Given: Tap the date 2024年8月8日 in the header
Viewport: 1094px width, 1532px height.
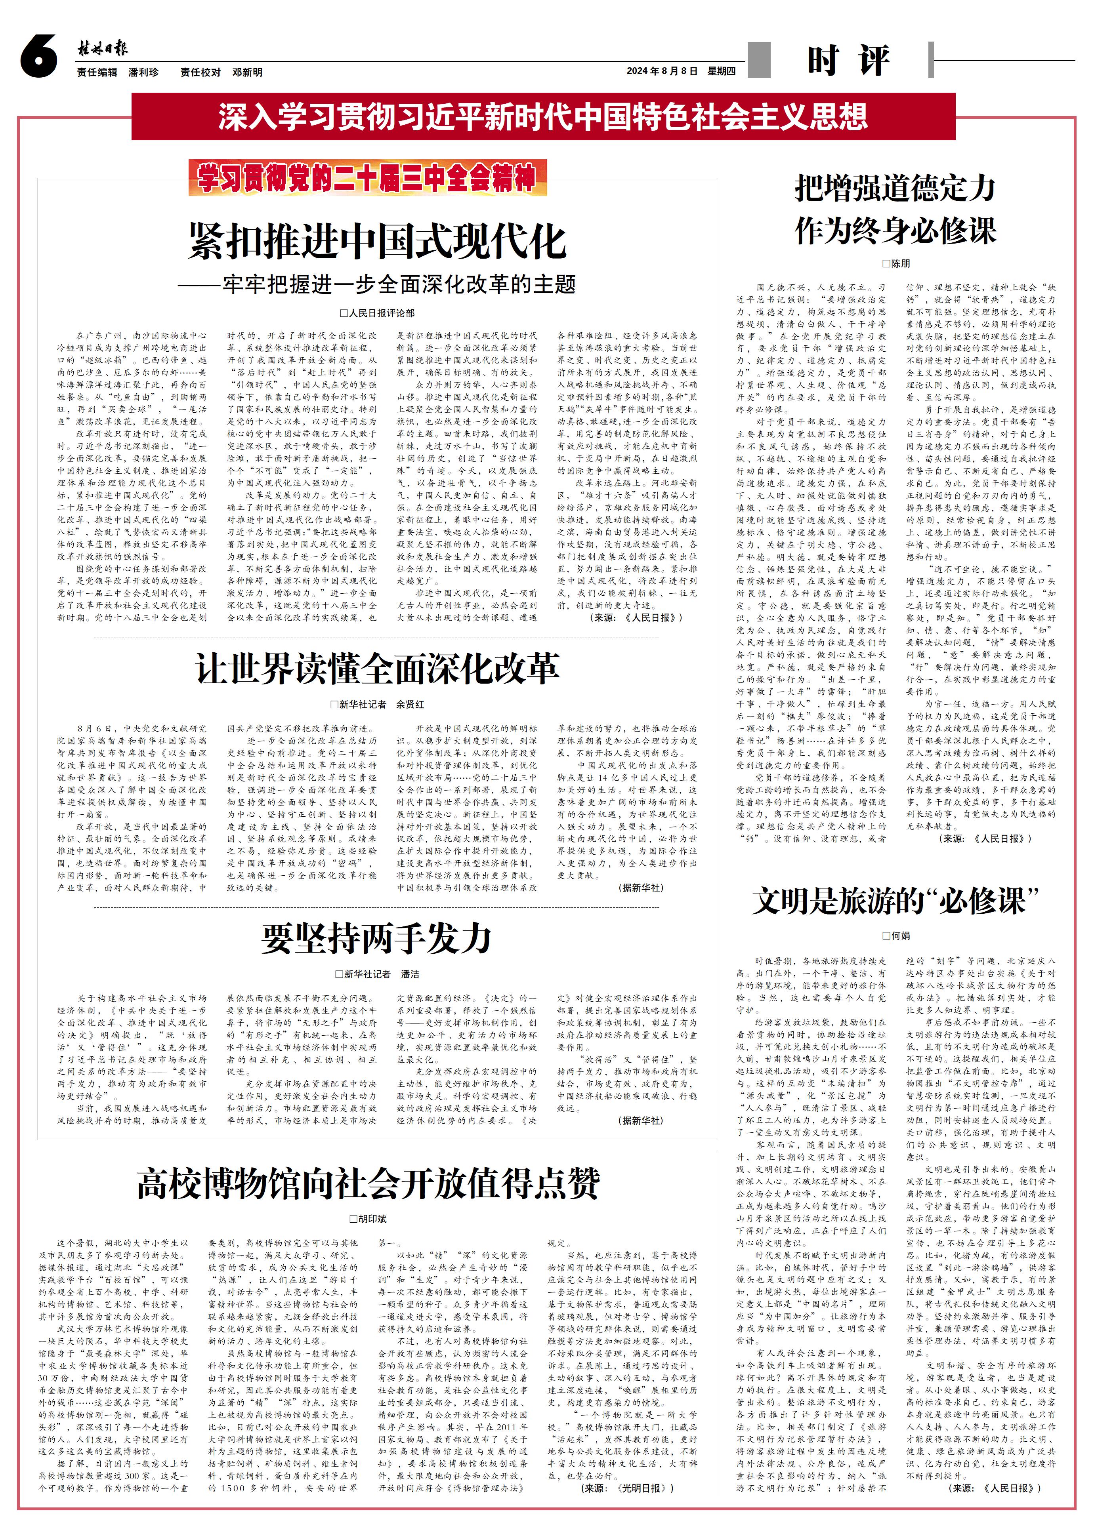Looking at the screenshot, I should [x=662, y=71].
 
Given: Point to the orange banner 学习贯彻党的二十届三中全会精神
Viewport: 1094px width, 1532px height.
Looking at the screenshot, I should [x=367, y=178].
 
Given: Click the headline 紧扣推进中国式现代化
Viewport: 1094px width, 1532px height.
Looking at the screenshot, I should [x=377, y=241].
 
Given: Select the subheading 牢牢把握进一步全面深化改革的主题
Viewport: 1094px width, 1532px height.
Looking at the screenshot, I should [x=377, y=284].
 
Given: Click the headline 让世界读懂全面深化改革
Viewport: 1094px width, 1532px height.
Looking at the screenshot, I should [x=377, y=668].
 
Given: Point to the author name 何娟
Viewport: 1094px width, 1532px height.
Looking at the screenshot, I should [x=900, y=936].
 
